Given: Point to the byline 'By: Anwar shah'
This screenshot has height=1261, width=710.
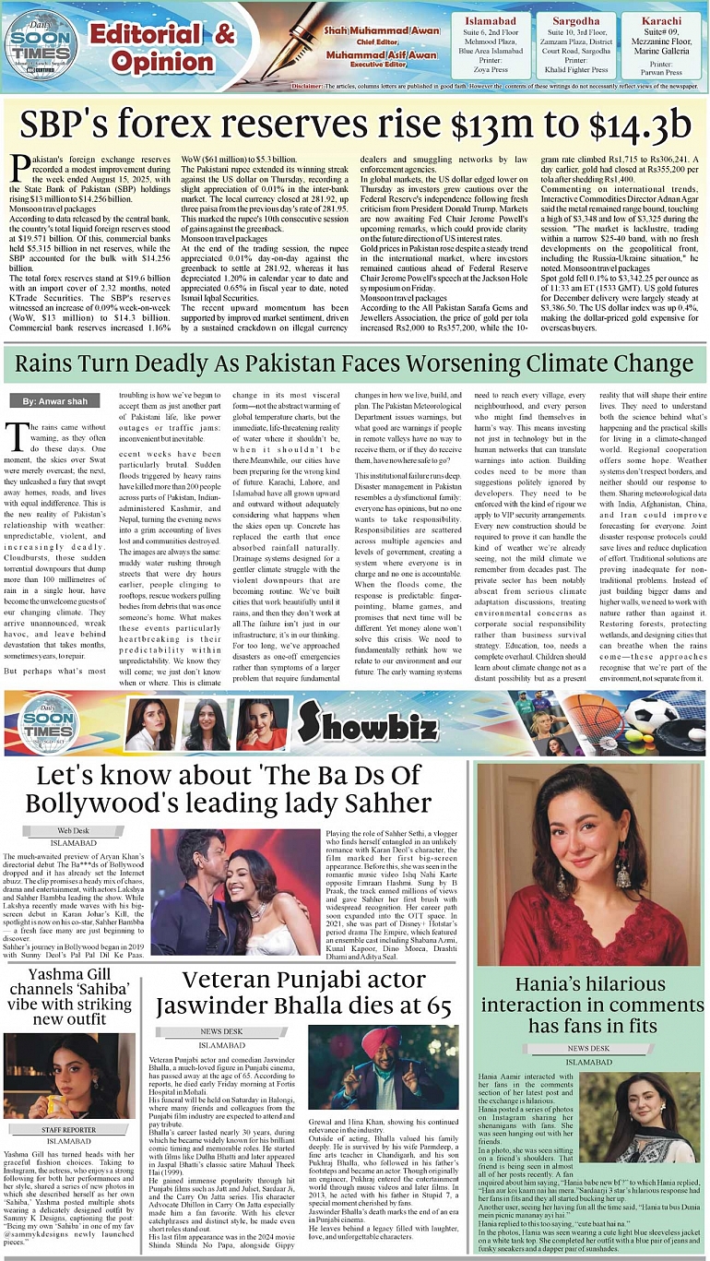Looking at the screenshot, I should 54,401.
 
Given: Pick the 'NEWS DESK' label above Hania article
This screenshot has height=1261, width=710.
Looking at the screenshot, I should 587,1049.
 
